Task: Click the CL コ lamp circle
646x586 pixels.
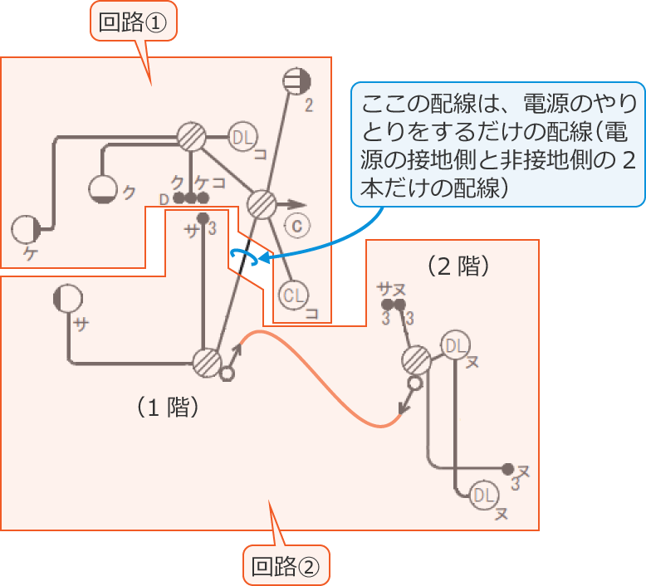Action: [294, 295]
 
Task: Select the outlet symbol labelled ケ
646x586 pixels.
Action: [25, 229]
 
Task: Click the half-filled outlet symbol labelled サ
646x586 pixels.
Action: [67, 298]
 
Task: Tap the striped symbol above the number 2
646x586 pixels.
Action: [296, 81]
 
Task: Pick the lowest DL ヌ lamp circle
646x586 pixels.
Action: [484, 496]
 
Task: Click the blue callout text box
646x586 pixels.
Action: [497, 144]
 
